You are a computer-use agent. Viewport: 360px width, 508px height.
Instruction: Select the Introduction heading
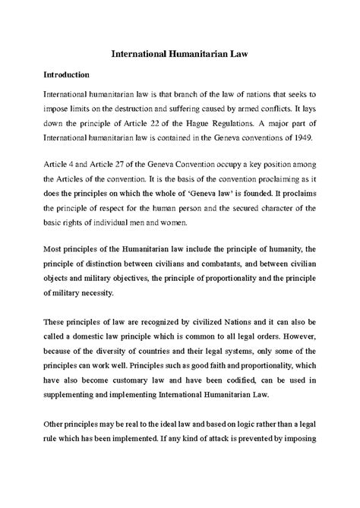click(60, 76)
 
